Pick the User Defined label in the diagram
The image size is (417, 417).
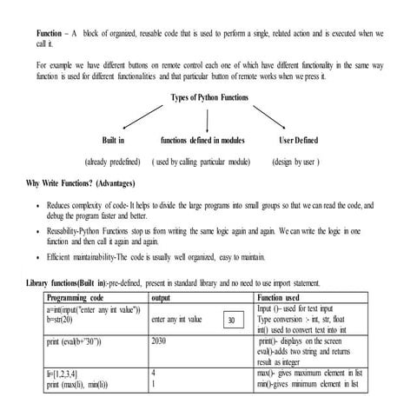tap(298, 139)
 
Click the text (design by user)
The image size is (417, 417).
tap(296, 162)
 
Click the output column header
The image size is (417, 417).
tap(162, 296)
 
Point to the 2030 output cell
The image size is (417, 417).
tap(158, 341)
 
